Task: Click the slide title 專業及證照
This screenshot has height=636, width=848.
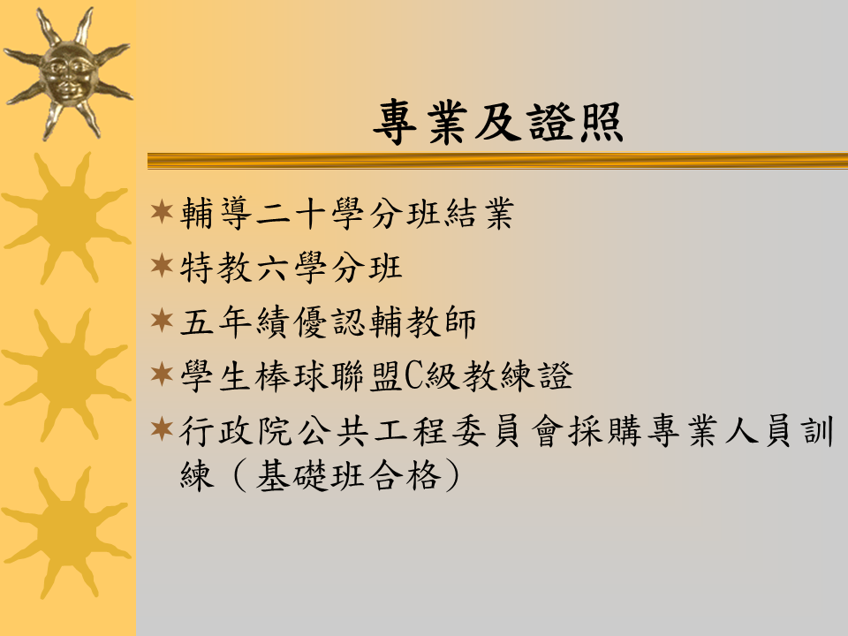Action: point(498,123)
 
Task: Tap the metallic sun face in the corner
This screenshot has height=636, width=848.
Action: point(68,74)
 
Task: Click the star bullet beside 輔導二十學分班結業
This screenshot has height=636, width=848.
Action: point(162,211)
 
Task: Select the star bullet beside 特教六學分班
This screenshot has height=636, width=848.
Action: point(162,266)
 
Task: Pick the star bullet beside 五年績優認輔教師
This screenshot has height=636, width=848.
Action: point(162,320)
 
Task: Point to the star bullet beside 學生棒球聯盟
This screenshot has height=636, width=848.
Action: point(162,375)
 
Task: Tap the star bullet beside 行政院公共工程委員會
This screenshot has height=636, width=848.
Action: point(162,429)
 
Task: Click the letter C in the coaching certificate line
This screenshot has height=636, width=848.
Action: point(413,376)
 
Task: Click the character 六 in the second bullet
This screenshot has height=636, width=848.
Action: point(272,268)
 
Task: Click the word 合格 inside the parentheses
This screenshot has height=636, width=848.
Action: point(405,476)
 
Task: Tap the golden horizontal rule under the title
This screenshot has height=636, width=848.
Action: point(497,161)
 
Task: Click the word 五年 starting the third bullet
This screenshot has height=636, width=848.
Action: point(216,322)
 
